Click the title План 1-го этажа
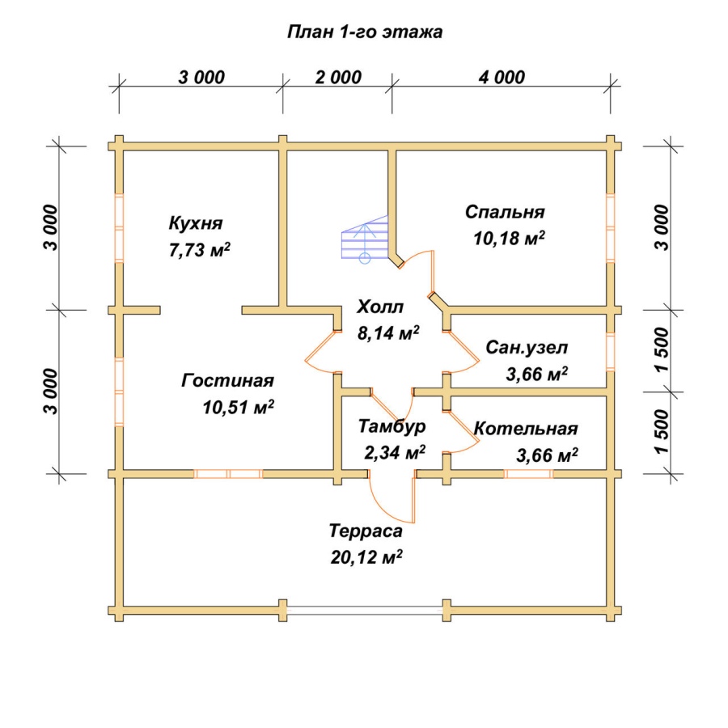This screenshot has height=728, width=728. click(365, 32)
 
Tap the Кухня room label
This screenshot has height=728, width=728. click(196, 223)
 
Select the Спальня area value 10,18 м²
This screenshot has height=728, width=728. click(509, 238)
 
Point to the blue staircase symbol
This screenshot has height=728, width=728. click(365, 239)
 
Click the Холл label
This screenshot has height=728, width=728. click(380, 307)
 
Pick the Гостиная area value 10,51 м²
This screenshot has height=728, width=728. click(238, 407)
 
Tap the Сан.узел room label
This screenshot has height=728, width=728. click(527, 347)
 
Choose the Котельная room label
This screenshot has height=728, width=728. click(526, 428)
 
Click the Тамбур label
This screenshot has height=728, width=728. click(392, 426)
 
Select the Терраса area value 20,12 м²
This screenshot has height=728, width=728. click(366, 557)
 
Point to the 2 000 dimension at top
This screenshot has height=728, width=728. click(338, 77)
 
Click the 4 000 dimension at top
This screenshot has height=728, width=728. click(502, 77)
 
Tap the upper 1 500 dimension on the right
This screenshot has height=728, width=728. click(662, 349)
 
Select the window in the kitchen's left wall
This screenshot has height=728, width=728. click(120, 228)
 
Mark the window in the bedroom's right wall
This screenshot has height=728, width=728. click(610, 228)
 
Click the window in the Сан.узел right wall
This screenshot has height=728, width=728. click(610, 352)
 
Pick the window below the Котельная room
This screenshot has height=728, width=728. click(528, 474)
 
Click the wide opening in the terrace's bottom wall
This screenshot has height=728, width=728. click(365, 611)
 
